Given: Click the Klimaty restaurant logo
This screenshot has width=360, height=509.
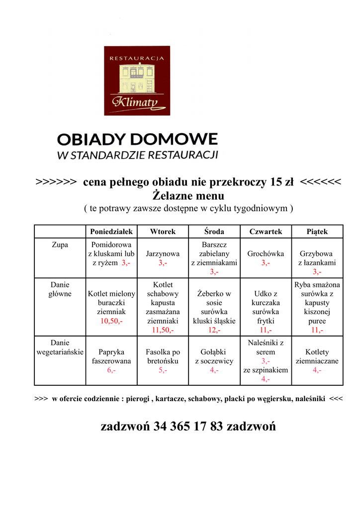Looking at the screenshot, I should point(137,81).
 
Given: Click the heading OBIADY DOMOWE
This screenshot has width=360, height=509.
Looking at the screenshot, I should point(137,139).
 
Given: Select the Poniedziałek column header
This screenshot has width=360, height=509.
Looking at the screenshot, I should point(111,232).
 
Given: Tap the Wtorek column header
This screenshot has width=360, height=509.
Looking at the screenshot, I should point(163,232).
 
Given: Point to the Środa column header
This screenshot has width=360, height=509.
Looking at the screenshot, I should point(214,232).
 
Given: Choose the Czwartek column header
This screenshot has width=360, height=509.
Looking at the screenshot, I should point(266,232).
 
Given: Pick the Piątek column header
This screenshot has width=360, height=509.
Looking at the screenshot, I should point(317,232).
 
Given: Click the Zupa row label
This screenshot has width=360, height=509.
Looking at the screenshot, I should point(60,245).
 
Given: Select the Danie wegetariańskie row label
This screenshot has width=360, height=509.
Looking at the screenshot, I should point(60,347).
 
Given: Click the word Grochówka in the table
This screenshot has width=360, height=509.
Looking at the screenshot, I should point(266,254).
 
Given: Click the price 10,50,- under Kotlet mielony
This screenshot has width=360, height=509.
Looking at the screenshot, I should point(111,321).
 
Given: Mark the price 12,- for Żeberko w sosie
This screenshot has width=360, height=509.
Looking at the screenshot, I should point(214,330).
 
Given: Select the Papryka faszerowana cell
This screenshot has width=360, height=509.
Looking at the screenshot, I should point(111,356).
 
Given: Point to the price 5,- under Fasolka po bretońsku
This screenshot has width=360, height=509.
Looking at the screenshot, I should point(163,370).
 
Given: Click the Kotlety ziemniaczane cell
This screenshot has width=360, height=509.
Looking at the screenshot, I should point(317,356).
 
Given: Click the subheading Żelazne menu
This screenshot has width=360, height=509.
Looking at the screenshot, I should point(188,196).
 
